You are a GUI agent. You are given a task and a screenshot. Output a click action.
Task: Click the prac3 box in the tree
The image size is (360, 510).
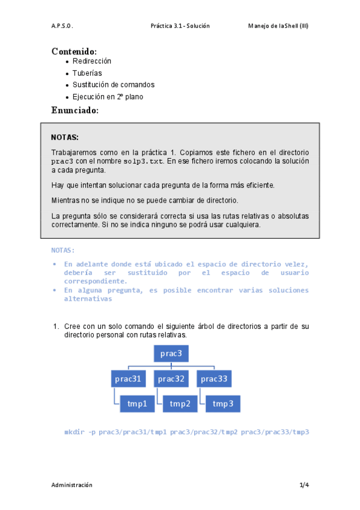pos(171,353)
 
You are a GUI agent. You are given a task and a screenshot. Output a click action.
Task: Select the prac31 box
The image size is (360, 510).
pos(129,379)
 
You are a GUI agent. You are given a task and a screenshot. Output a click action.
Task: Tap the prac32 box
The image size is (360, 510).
pos(171,379)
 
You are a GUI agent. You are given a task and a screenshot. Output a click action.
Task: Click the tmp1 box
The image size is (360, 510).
pos(137,404)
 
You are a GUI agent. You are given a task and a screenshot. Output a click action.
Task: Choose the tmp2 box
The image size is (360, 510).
pos(180,404)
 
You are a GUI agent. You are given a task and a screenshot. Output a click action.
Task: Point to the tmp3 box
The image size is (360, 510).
pos(223,404)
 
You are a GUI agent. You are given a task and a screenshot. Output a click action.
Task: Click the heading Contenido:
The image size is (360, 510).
pos(74,51)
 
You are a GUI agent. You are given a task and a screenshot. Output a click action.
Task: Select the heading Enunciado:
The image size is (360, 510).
pos(75,110)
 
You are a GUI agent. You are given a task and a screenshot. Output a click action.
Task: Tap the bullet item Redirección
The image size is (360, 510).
pos(92,61)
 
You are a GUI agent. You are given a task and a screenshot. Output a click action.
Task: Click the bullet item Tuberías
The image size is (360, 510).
pos(87,73)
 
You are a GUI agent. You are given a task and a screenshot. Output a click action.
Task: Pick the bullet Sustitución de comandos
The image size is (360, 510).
pos(114,85)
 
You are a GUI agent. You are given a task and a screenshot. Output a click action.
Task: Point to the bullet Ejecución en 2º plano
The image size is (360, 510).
pos(108,97)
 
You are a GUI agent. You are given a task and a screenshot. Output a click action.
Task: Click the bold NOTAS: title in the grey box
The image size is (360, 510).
pos(65,137)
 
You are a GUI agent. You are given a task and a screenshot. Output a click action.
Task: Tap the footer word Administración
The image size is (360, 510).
pos(72,485)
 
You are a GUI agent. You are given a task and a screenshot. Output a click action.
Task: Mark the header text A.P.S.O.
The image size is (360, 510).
pos(62,26)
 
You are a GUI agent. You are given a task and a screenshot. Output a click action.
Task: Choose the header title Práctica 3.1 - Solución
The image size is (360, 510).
pos(180,26)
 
